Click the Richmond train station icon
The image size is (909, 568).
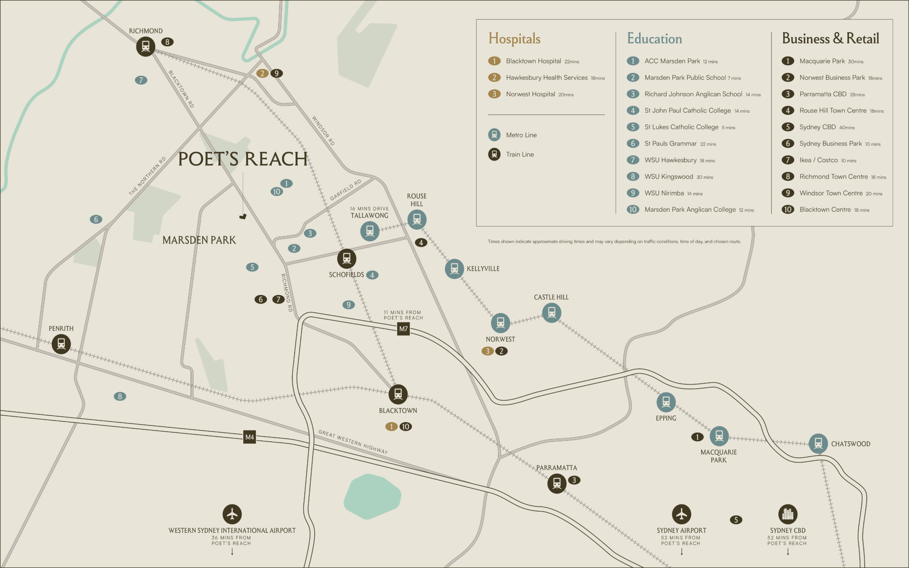[145, 47]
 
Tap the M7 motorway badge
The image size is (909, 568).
[403, 329]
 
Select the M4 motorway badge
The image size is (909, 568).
[249, 437]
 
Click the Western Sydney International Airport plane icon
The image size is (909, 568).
[232, 514]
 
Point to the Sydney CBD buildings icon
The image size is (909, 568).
[788, 514]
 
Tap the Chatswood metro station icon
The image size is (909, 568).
[818, 443]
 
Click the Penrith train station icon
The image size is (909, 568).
[61, 344]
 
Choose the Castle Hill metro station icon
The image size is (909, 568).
[551, 312]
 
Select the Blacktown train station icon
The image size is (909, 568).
[398, 394]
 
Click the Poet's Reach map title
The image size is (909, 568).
[243, 159]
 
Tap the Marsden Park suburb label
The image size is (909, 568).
[199, 240]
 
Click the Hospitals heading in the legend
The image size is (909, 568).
[514, 39]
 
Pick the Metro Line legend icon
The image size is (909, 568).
[494, 135]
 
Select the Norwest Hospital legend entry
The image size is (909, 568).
[530, 94]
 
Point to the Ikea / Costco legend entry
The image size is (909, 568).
[818, 160]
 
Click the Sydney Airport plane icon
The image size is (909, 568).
[681, 514]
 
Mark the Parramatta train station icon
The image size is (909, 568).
[557, 484]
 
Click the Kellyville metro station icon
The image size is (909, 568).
[454, 269]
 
